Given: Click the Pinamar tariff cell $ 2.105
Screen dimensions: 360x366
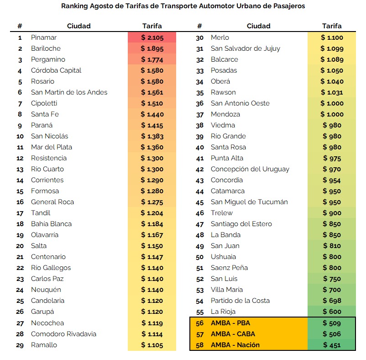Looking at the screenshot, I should click(152, 37).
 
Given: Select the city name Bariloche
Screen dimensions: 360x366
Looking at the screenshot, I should click(46, 48).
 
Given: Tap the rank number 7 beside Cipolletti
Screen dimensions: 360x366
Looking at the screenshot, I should click(20, 103).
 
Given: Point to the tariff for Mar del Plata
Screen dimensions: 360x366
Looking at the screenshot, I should click(152, 147).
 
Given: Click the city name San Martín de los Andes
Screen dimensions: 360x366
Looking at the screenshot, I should click(69, 92).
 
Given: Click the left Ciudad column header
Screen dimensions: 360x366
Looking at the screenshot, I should click(78, 26).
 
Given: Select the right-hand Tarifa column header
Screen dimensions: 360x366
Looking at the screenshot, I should click(332, 26).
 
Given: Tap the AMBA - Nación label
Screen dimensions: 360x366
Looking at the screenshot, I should click(235, 345).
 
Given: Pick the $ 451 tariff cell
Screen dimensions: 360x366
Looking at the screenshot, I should click(332, 345).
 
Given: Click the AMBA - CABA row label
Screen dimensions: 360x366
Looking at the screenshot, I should click(233, 334).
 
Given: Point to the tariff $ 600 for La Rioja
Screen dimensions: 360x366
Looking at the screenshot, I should click(332, 312).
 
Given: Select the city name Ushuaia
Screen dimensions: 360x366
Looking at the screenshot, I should click(224, 257).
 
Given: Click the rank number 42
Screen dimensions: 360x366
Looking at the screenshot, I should click(200, 169).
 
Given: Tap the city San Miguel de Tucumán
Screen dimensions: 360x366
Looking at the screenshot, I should click(249, 202).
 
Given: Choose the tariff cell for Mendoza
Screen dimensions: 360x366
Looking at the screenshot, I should click(332, 114).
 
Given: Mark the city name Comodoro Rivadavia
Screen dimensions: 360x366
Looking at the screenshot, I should click(63, 334).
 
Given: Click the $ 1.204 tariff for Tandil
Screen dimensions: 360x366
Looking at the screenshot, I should click(152, 213).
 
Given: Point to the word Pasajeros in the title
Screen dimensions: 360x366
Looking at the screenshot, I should click(288, 6).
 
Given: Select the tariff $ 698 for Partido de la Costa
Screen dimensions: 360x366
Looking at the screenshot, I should click(332, 301).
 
